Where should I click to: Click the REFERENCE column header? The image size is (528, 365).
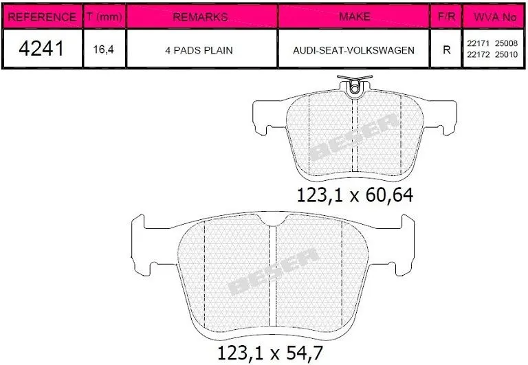(42, 16)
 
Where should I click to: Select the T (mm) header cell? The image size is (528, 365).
(104, 16)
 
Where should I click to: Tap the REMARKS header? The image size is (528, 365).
(200, 16)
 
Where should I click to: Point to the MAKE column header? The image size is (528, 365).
(355, 16)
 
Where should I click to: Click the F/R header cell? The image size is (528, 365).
(446, 16)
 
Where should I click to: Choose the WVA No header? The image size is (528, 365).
(495, 16)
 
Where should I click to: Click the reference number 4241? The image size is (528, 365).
(41, 49)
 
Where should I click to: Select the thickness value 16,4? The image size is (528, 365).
(103, 49)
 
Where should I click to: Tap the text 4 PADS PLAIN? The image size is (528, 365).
(199, 50)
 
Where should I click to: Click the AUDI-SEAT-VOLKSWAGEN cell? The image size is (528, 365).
(353, 50)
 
